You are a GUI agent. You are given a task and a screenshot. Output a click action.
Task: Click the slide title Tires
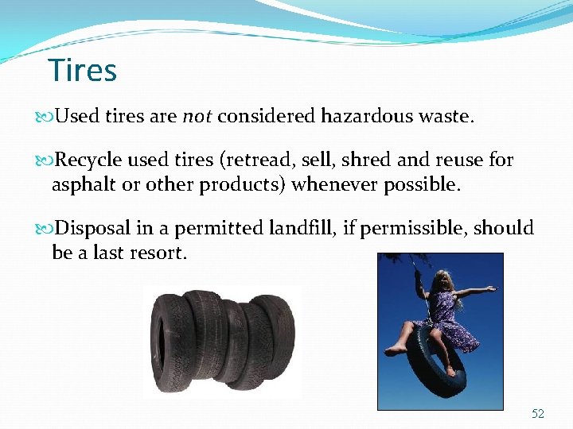(83, 71)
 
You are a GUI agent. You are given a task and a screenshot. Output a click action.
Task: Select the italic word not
(197, 118)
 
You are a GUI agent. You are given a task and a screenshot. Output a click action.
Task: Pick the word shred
(368, 160)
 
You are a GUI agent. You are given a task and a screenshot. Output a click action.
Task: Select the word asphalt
(81, 184)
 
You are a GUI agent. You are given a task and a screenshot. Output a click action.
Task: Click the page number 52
(538, 414)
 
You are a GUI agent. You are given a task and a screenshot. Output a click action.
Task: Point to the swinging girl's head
(439, 284)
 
